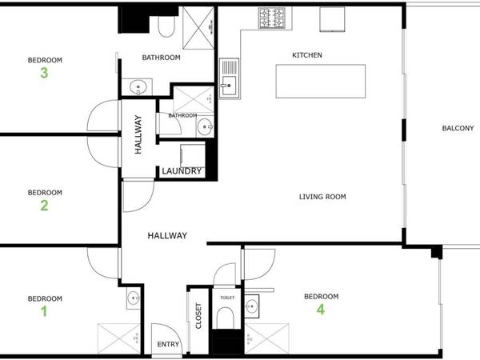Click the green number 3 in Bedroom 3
tap(45, 74)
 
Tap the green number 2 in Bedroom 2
tap(45, 206)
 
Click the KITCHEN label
tap(306, 55)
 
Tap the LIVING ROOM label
tap(322, 197)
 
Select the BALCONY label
tap(458, 128)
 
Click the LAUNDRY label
tap(182, 171)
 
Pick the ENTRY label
tap(169, 345)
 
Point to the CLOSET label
tap(199, 316)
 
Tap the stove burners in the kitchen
tap(272, 16)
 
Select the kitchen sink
tap(230, 77)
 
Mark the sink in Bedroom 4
tap(252, 306)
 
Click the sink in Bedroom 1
tap(132, 301)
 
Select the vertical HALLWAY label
tap(138, 134)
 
